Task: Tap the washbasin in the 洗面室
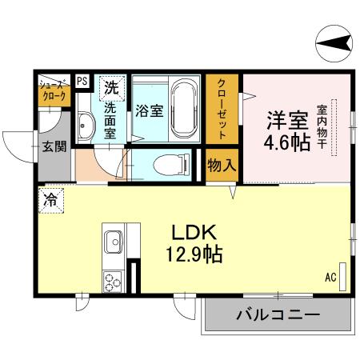click(86, 125)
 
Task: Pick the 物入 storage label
click(222, 166)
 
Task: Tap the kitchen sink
click(113, 239)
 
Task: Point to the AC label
click(330, 278)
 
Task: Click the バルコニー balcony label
click(277, 316)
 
